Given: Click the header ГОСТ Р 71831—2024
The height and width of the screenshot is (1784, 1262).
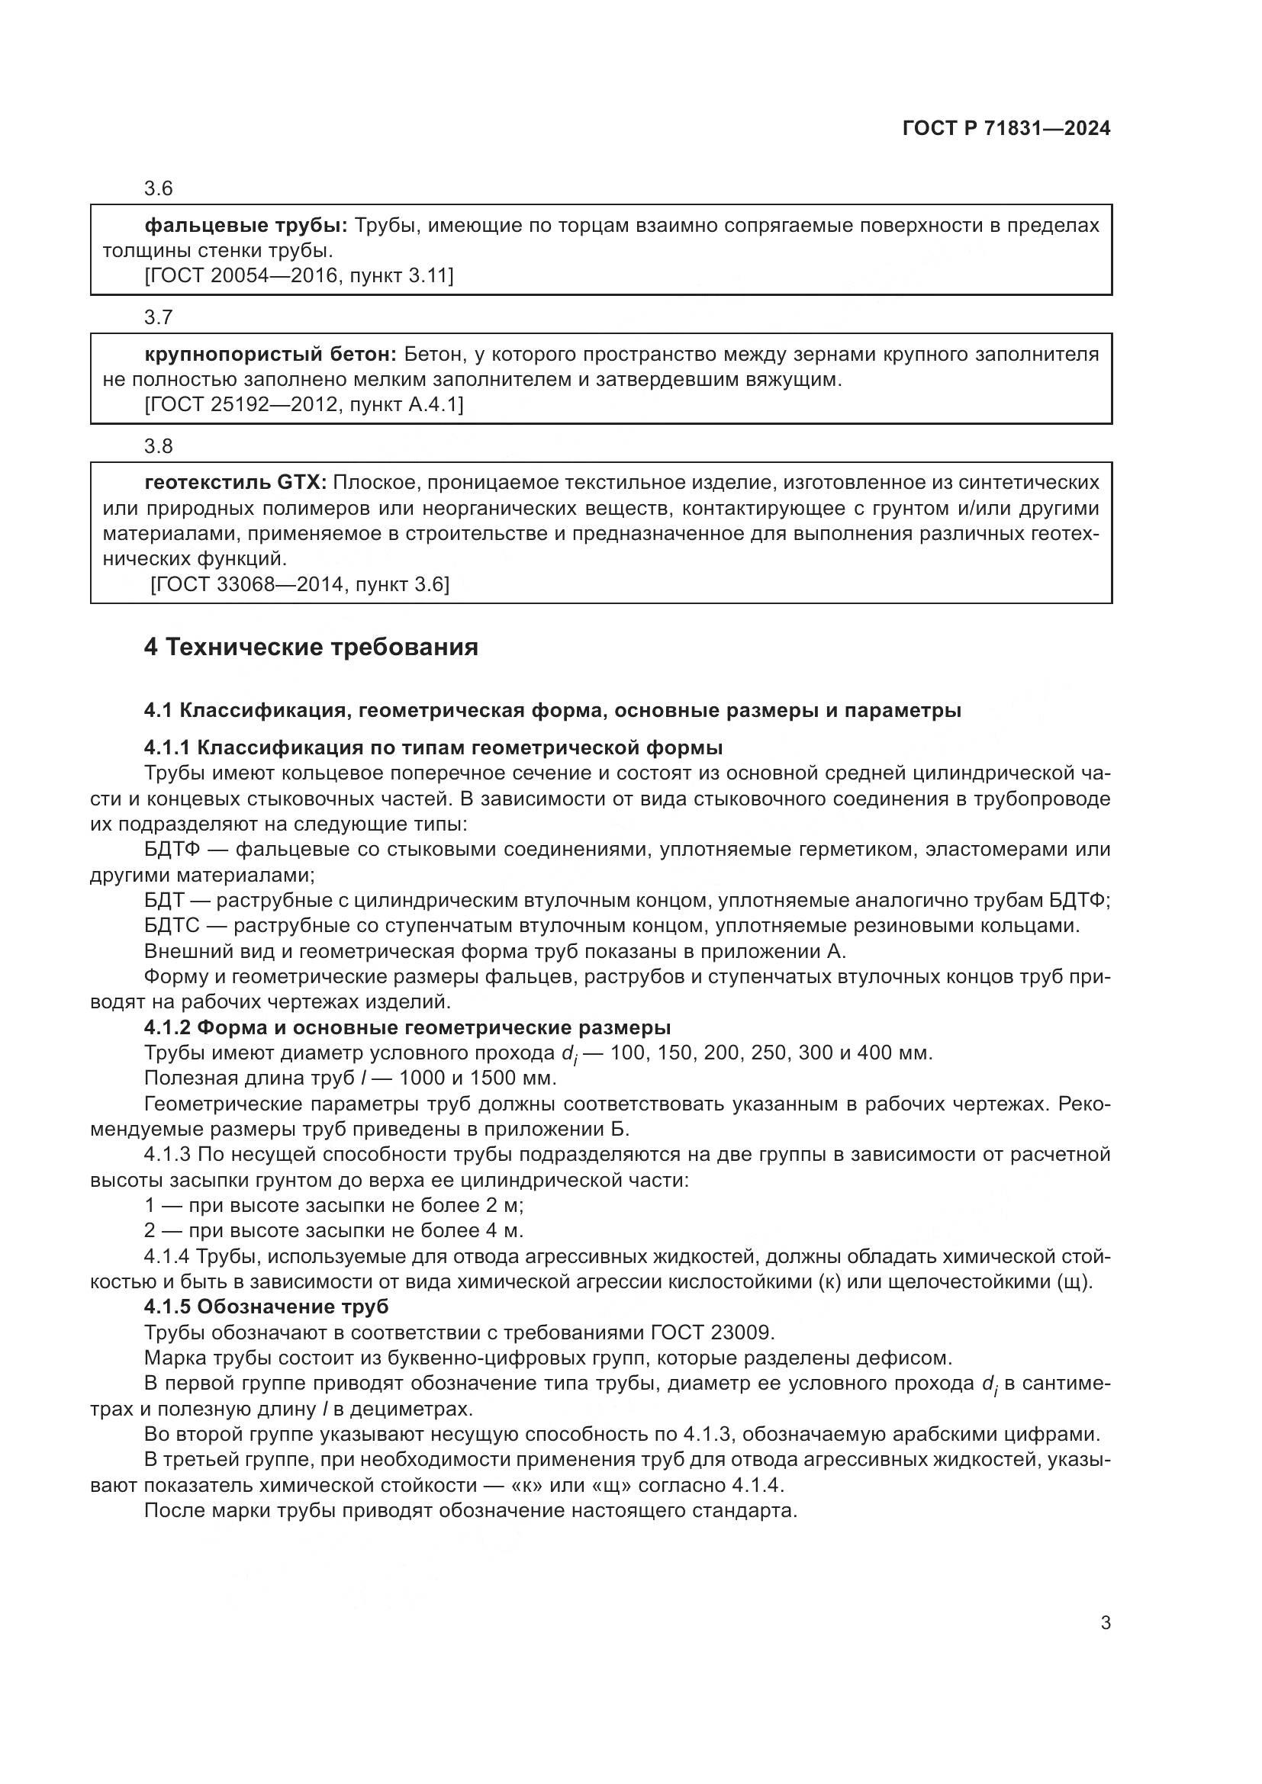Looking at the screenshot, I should [x=1006, y=129].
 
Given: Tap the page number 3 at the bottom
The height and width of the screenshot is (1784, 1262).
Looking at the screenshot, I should [x=1105, y=1623].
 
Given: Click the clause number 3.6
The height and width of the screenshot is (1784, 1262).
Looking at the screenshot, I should [x=159, y=189].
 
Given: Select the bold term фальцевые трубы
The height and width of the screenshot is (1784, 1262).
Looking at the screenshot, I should [x=246, y=226].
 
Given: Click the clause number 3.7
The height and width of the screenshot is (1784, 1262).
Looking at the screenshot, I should [x=159, y=318].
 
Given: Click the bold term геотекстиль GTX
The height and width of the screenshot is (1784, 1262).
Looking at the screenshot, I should [x=236, y=484].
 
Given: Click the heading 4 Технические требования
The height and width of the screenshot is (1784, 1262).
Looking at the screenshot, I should [x=311, y=648].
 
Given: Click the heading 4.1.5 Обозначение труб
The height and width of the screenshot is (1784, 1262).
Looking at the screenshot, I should [x=266, y=1307].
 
